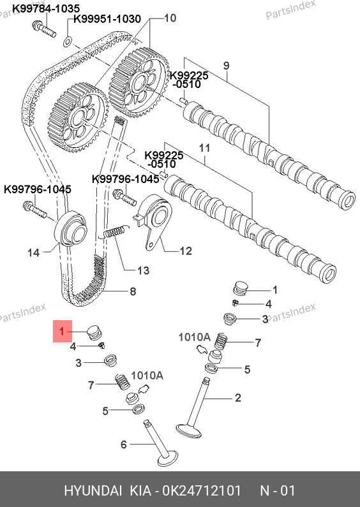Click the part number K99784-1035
46,8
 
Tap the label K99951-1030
107,19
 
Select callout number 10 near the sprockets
170,18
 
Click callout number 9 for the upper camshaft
227,66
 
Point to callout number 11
205,148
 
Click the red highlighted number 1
63,332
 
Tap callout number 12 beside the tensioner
186,251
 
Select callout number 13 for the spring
143,270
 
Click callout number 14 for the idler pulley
33,253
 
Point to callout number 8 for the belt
133,291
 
